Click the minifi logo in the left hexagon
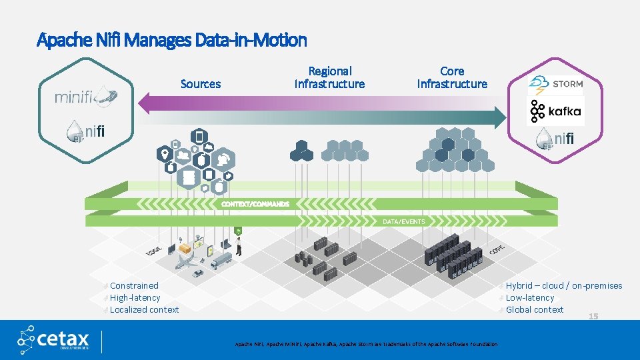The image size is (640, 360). (x=86, y=96)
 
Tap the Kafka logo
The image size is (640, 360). (x=555, y=111)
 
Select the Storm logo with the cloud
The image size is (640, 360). (x=555, y=84)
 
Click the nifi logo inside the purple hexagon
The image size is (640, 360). (x=554, y=139)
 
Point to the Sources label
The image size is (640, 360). (x=200, y=84)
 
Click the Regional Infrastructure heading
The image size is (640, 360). (x=329, y=77)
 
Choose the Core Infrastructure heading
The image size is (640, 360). (x=452, y=77)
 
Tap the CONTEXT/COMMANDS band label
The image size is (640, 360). (x=255, y=203)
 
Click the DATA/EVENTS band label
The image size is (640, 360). (x=403, y=221)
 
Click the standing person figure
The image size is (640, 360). (x=238, y=245)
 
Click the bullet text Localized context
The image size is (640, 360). (x=144, y=309)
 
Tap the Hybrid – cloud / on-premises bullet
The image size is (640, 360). (x=563, y=285)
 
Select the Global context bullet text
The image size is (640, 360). (x=535, y=309)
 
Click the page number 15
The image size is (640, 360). (x=593, y=316)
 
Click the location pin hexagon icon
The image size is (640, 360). (x=164, y=155)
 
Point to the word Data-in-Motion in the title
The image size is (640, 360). (x=251, y=40)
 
